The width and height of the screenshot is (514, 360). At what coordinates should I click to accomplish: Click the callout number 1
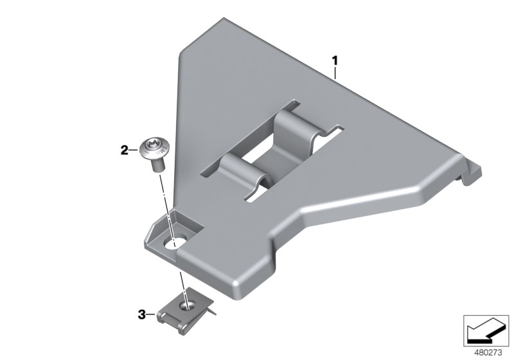(334, 61)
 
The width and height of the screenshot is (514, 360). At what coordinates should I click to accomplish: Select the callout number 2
(124, 151)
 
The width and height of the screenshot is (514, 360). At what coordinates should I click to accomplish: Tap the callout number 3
(141, 314)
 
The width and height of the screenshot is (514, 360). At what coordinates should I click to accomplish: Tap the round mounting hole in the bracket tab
(175, 243)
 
